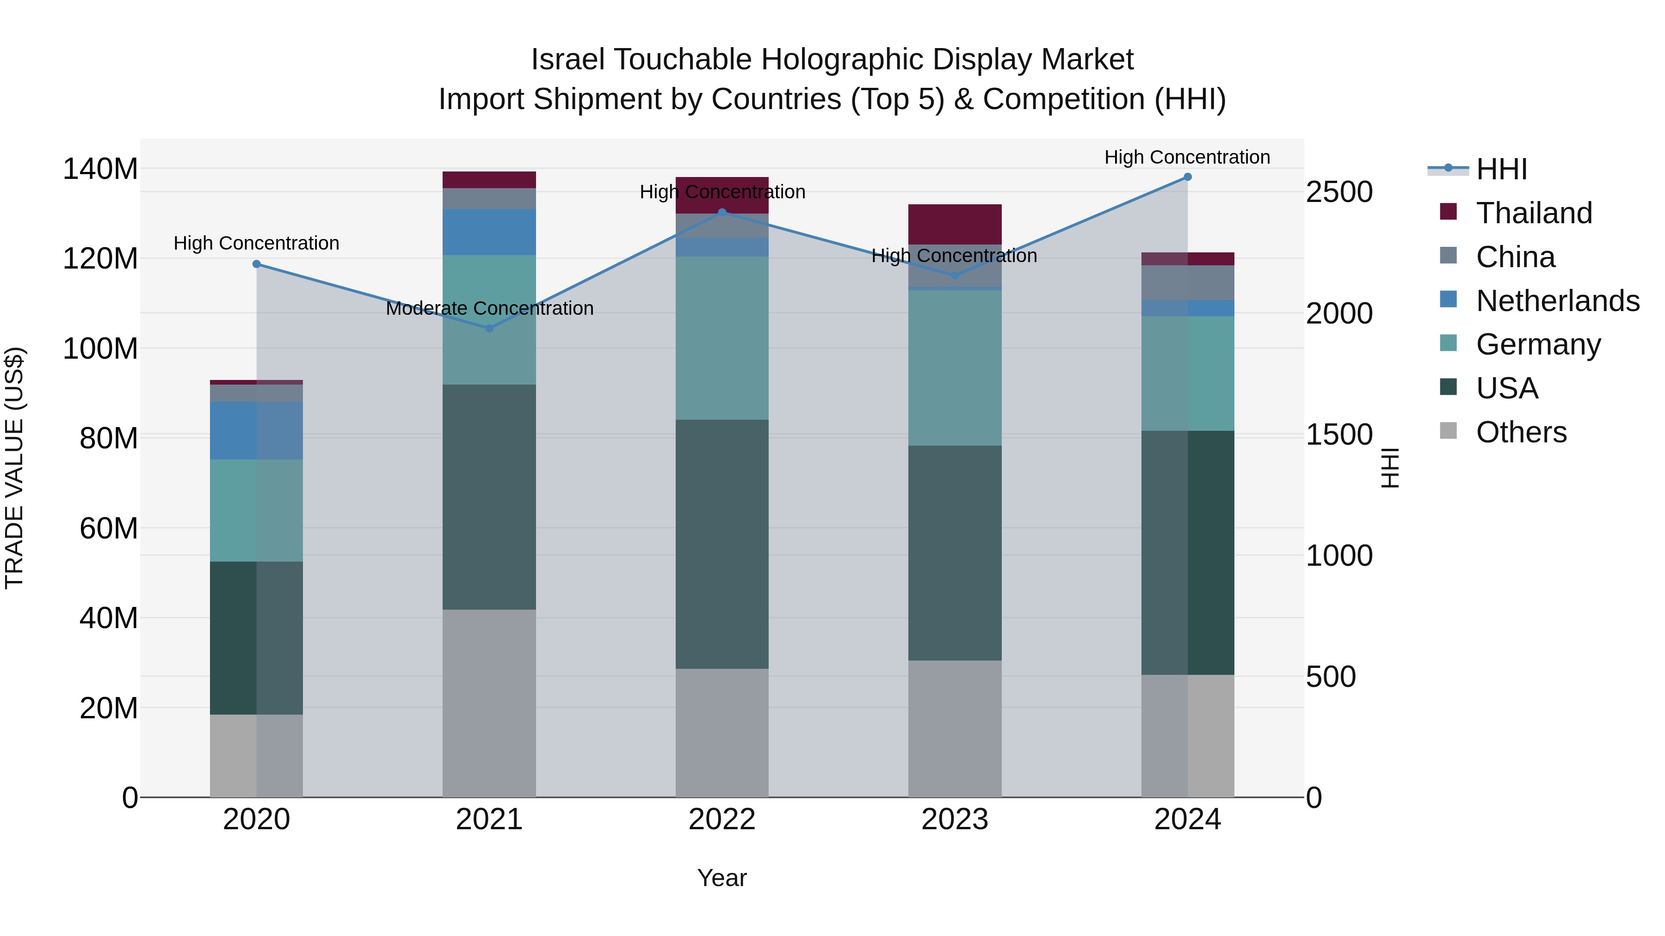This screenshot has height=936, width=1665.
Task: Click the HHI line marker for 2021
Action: pos(489,328)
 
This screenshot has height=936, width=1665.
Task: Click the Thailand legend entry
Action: pos(1534,213)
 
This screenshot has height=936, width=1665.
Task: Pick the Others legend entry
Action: pos(1521,432)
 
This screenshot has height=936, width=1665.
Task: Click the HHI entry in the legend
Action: pos(1501,169)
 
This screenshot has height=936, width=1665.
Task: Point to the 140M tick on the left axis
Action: pos(100,169)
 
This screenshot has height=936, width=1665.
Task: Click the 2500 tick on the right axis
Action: pos(1339,192)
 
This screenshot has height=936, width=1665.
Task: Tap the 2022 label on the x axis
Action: pos(722,820)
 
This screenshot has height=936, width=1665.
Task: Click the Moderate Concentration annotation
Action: pos(489,309)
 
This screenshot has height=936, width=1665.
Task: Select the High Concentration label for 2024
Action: pos(1187,158)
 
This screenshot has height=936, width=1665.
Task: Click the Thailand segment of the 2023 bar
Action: pos(955,224)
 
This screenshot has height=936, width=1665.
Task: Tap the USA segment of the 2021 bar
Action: pos(489,497)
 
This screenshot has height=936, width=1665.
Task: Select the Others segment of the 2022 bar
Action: pos(722,733)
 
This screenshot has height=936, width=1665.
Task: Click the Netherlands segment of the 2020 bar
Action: pos(257,431)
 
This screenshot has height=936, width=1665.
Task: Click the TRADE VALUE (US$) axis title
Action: pos(14,468)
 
